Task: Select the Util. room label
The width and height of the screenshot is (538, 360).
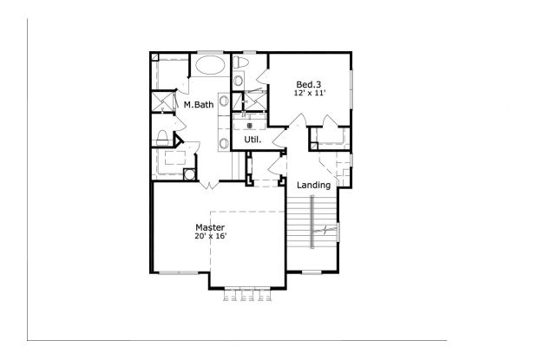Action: [x=253, y=139]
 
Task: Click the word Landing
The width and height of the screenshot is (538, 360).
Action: [x=313, y=185]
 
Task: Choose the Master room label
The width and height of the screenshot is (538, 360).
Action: [x=209, y=227]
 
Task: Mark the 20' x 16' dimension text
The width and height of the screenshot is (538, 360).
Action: [x=209, y=236]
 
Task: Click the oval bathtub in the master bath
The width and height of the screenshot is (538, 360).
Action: [x=208, y=64]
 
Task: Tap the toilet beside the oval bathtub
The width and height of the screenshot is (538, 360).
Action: [x=242, y=64]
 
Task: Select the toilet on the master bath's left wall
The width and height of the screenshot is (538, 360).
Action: [x=162, y=136]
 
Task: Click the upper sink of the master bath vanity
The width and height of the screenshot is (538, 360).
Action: [x=223, y=101]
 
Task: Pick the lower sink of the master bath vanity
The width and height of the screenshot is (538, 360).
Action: [x=223, y=142]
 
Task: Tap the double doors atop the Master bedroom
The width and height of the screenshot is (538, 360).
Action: [x=208, y=184]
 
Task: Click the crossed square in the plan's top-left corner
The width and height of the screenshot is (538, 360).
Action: [x=154, y=59]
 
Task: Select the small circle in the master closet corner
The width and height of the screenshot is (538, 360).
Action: [x=188, y=173]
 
